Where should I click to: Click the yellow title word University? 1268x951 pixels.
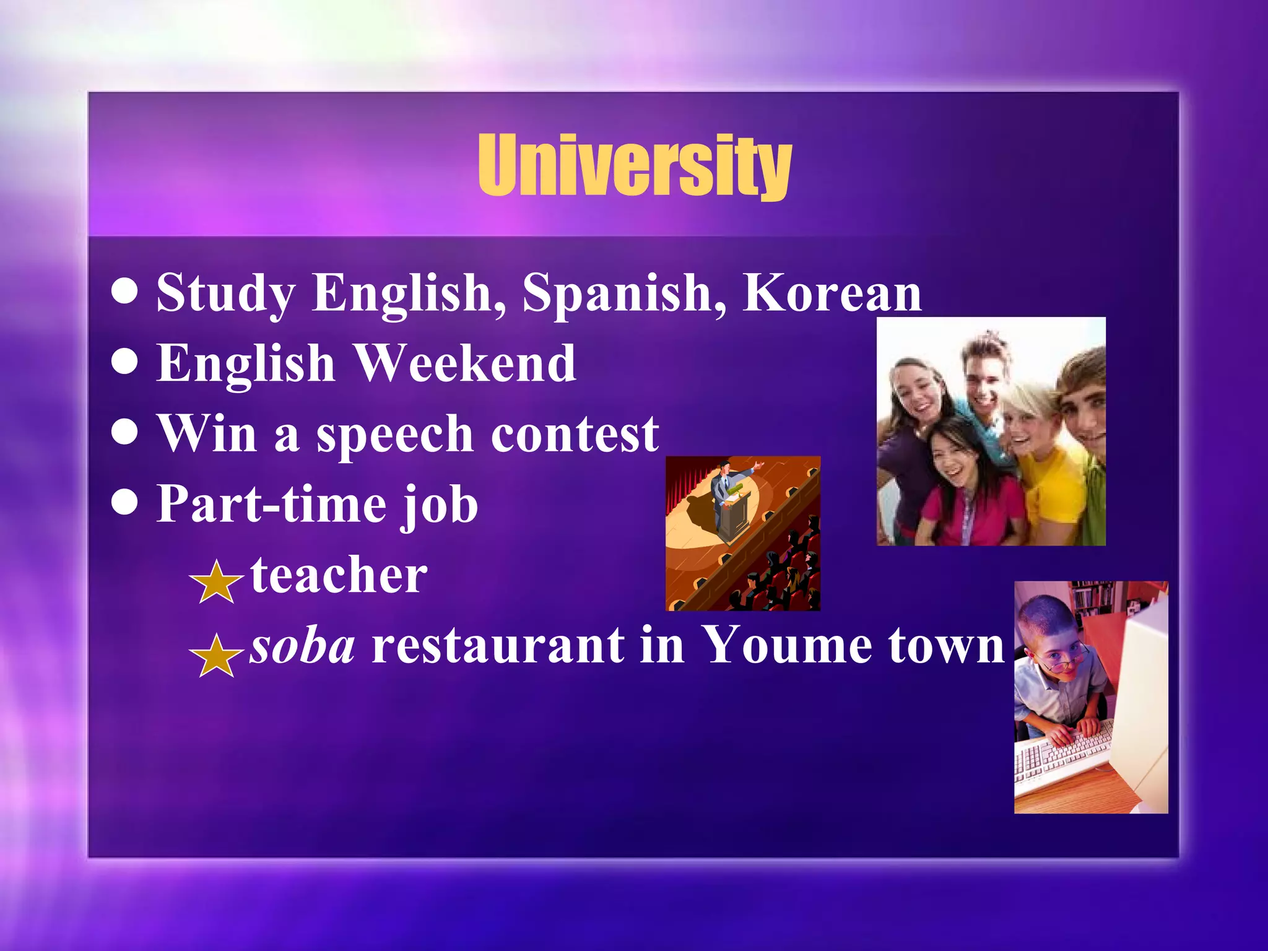pos(635,166)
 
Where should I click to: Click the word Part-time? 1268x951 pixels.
pos(271,504)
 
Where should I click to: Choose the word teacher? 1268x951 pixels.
pos(339,575)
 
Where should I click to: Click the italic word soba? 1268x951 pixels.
pos(302,646)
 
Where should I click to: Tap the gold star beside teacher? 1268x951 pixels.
pos(216,582)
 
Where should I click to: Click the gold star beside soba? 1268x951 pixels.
pos(216,656)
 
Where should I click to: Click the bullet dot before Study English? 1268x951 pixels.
pos(125,292)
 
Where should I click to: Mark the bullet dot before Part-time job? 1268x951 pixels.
pos(125,503)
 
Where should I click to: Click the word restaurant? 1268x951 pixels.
pos(498,646)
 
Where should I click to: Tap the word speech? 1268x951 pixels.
pos(395,435)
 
